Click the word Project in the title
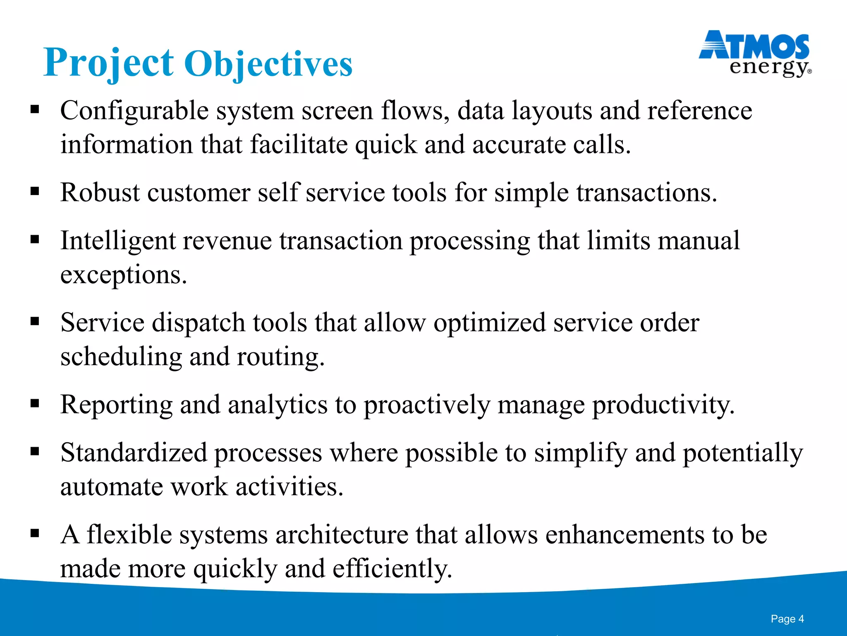coord(108,63)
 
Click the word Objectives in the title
coord(268,64)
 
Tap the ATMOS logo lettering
coord(754,46)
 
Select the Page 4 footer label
coord(787,619)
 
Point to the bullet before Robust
coord(35,191)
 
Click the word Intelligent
coord(118,241)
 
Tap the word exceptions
coord(123,275)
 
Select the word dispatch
coord(198,323)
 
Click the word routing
coord(280,357)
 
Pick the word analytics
coord(277,405)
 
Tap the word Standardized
coord(133,453)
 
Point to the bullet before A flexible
coord(35,532)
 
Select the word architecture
coord(342,535)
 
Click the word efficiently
coord(392,569)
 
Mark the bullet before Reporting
coord(35,403)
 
